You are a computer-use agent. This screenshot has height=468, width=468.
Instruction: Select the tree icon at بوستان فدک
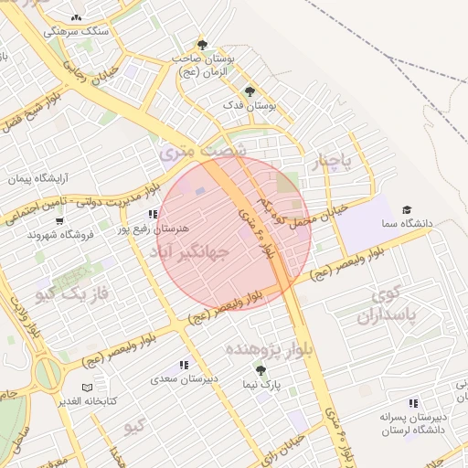[250, 91]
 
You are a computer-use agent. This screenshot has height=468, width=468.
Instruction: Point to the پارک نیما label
[261, 385]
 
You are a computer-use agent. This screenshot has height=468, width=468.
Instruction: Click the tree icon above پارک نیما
[261, 371]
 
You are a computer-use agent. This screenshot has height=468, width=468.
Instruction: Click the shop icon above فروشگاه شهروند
[59, 220]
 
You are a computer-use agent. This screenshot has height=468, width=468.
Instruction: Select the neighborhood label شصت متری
[203, 151]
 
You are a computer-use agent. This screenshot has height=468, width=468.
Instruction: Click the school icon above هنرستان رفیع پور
[139, 214]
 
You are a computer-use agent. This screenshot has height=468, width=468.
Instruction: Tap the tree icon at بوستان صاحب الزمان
[202, 45]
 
